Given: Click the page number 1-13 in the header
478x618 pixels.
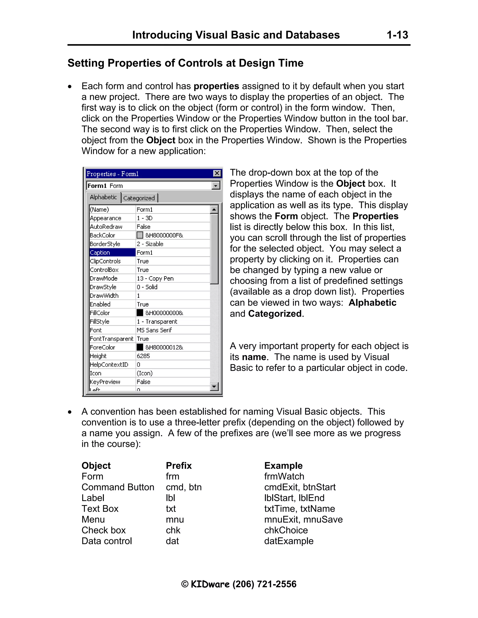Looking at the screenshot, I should pyautogui.click(x=397, y=35).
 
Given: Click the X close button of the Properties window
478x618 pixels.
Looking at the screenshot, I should pyautogui.click(x=217, y=174).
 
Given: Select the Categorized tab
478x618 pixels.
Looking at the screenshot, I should pyautogui.click(x=139, y=198).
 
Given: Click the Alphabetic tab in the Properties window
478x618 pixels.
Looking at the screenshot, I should pyautogui.click(x=103, y=197).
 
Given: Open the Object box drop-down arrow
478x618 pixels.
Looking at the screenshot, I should pyautogui.click(x=216, y=186).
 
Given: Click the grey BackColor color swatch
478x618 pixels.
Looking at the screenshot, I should pyautogui.click(x=140, y=235).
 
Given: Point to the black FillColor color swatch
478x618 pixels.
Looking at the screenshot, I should pyautogui.click(x=140, y=313).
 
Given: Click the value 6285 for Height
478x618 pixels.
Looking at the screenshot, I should pyautogui.click(x=143, y=356).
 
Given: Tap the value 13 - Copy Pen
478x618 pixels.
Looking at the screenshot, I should pyautogui.click(x=155, y=278).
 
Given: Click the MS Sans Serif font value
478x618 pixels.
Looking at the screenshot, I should pyautogui.click(x=154, y=330).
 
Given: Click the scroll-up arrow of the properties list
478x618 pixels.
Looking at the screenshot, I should pyautogui.click(x=214, y=210).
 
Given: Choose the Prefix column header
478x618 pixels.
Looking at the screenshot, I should pyautogui.click(x=179, y=465).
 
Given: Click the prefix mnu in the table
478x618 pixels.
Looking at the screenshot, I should pyautogui.click(x=175, y=519).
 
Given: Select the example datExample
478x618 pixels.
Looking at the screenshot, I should pyautogui.click(x=288, y=541).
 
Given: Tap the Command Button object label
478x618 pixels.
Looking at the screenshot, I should pyautogui.click(x=118, y=487).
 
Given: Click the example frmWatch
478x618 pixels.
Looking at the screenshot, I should pyautogui.click(x=284, y=476).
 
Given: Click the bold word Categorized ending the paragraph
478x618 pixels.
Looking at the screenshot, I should pyautogui.click(x=274, y=313).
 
